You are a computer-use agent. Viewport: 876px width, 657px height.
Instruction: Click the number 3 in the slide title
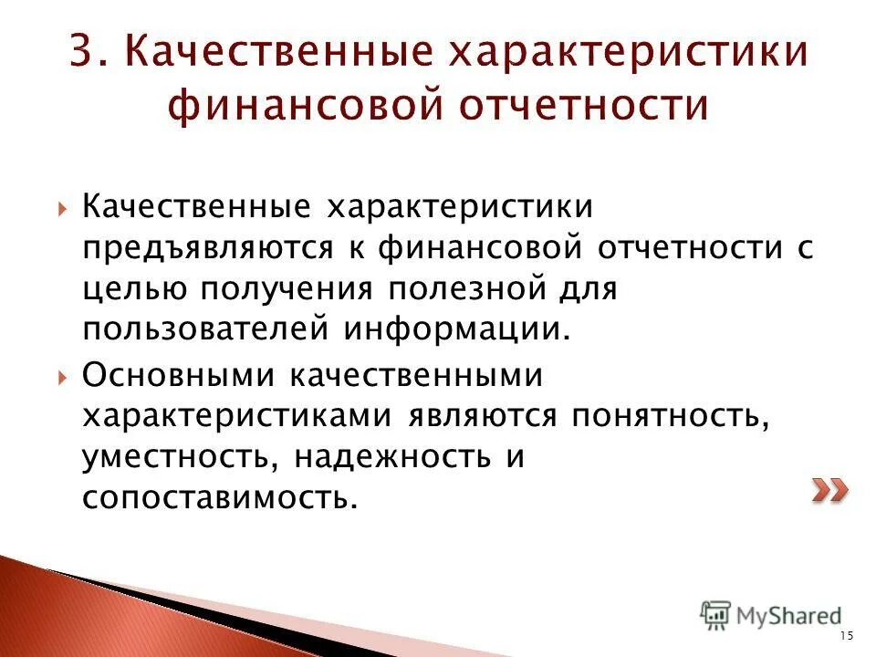click(x=83, y=51)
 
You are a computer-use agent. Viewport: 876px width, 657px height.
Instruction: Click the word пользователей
click(x=206, y=328)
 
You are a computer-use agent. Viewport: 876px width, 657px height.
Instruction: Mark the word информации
click(x=457, y=328)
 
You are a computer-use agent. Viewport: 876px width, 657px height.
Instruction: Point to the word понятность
click(x=667, y=415)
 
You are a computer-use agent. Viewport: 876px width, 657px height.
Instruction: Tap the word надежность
click(x=385, y=456)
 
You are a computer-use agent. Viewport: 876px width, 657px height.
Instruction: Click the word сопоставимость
click(x=214, y=497)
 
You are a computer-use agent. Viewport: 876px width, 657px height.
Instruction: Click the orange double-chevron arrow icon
click(x=829, y=490)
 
